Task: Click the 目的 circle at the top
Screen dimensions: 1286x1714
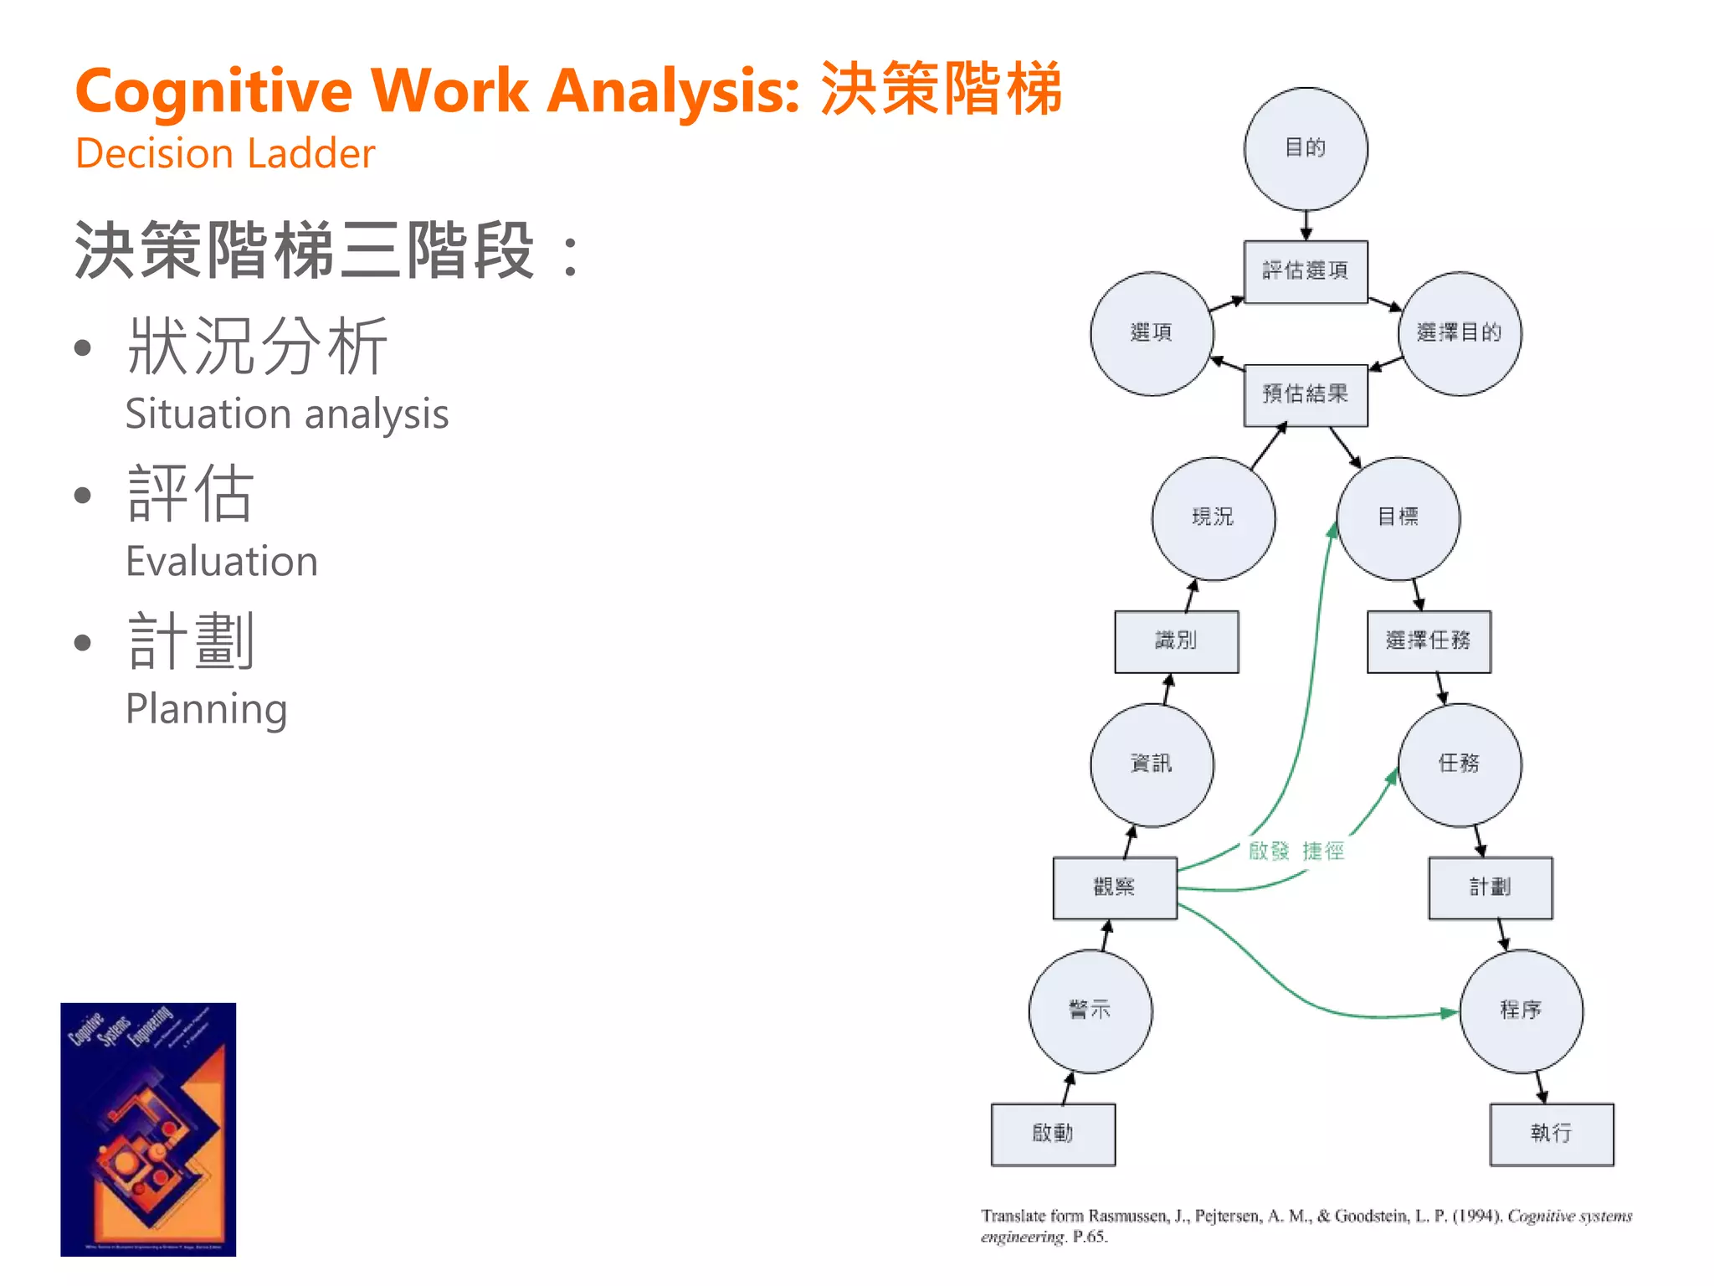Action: click(1306, 149)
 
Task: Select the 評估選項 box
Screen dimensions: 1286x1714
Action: click(1306, 271)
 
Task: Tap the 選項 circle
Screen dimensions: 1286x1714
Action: click(1152, 333)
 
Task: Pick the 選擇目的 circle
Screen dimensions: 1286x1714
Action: click(1460, 333)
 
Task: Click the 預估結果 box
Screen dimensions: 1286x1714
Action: click(1306, 394)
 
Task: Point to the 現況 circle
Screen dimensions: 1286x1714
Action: click(1214, 518)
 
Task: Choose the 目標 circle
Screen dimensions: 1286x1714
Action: click(1398, 518)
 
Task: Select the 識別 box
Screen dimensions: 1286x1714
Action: click(1176, 641)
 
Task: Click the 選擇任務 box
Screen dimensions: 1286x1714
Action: click(1429, 641)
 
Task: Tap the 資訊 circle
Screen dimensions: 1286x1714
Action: click(1152, 764)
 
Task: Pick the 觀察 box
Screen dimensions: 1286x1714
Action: click(1115, 887)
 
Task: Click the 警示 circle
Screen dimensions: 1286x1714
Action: click(1090, 1011)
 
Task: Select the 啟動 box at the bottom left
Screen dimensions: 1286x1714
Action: click(1053, 1134)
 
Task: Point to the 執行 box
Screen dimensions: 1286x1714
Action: click(1552, 1134)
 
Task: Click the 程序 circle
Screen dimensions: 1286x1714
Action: click(1521, 1011)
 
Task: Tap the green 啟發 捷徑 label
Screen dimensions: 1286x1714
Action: click(1296, 851)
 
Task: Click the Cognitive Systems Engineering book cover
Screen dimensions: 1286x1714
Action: click(148, 1129)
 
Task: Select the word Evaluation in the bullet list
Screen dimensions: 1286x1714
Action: click(222, 561)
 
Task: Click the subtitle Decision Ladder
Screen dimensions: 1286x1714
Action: click(225, 154)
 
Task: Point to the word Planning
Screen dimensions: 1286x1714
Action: click(206, 709)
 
